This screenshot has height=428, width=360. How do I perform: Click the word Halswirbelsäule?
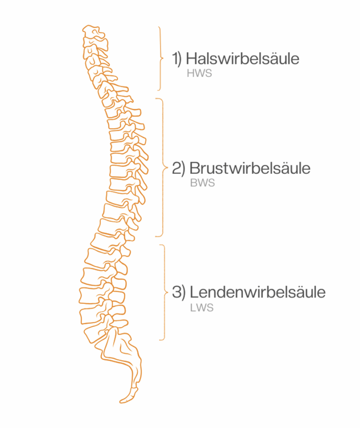pos(243,59)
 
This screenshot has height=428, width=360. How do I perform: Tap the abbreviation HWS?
pos(200,74)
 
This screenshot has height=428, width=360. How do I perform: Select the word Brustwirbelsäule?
pos(250,168)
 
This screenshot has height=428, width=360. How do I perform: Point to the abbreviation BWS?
pos(202,183)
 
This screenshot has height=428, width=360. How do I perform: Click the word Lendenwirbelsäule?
pos(257,292)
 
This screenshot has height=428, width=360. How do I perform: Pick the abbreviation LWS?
pos(202,308)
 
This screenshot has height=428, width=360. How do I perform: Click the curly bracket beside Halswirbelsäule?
pos(160,59)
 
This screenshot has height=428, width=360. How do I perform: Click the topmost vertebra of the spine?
pos(93,32)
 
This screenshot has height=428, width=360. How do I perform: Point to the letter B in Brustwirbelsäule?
pos(194,168)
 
